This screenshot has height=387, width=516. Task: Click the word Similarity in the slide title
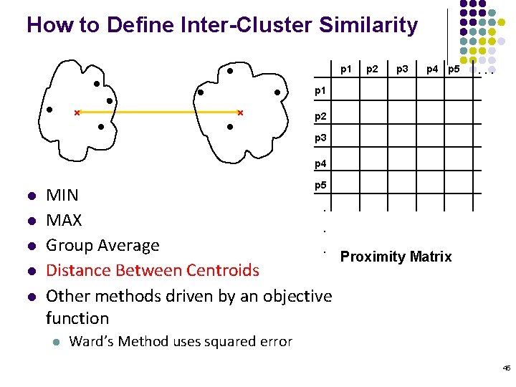click(368, 26)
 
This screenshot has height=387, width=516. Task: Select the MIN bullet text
click(62, 195)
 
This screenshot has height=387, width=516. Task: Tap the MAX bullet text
click(64, 220)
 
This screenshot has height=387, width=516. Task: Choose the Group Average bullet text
click(102, 245)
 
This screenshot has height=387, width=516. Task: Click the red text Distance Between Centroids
click(152, 270)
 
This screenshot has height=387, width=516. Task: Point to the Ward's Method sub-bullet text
click(180, 341)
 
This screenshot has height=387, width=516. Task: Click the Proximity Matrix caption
click(396, 257)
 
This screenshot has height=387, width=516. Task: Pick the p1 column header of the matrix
click(345, 70)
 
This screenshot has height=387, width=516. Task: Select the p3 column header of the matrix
click(403, 70)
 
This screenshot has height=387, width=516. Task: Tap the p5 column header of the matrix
click(453, 70)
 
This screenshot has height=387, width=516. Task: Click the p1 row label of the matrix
click(321, 91)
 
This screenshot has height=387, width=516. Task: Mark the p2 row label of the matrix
click(321, 115)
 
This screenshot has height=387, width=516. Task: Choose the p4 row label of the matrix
click(321, 163)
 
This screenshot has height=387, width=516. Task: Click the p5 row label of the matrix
click(321, 185)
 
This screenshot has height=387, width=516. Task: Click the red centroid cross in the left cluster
click(77, 113)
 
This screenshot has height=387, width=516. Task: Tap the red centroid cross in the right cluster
click(240, 113)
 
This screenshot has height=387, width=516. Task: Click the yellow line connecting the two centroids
click(158, 113)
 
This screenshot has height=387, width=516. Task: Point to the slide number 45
click(506, 368)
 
